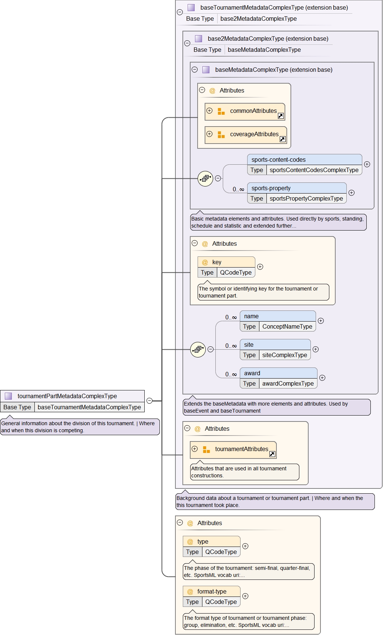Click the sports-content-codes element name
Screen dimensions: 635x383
[x=278, y=160]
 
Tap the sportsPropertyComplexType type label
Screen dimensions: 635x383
[x=306, y=199]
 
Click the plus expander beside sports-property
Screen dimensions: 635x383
[x=352, y=193]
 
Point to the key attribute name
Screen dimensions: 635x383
[x=216, y=262]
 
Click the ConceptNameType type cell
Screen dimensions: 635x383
[x=287, y=327]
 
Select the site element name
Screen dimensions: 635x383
[x=249, y=345]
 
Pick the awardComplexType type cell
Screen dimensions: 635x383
[x=288, y=384]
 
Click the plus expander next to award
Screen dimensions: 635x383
[x=322, y=378]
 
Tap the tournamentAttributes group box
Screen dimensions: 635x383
[x=241, y=449]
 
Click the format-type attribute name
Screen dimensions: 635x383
[x=212, y=592]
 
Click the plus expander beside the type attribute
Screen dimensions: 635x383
[x=245, y=546]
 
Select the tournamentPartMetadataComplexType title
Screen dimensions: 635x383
[x=67, y=396]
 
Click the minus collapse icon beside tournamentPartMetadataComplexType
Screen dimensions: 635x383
[x=149, y=401]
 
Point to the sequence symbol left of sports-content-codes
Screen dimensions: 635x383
[x=205, y=179]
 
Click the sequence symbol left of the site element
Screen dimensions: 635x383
[x=198, y=349]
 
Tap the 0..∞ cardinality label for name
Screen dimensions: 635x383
[x=231, y=317]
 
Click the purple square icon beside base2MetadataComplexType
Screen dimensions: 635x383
[x=199, y=38]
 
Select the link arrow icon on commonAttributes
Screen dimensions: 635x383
[x=281, y=116]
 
